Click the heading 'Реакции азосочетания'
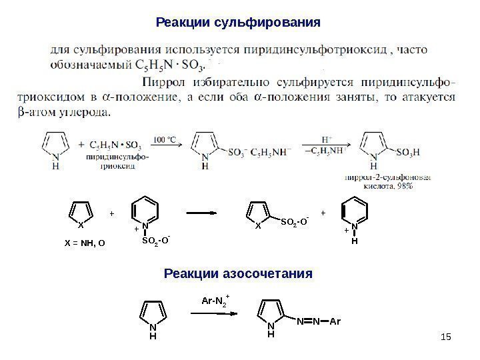(238, 274)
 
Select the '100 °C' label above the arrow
(165, 139)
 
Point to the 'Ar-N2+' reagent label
(215, 300)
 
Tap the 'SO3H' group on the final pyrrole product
(408, 153)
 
